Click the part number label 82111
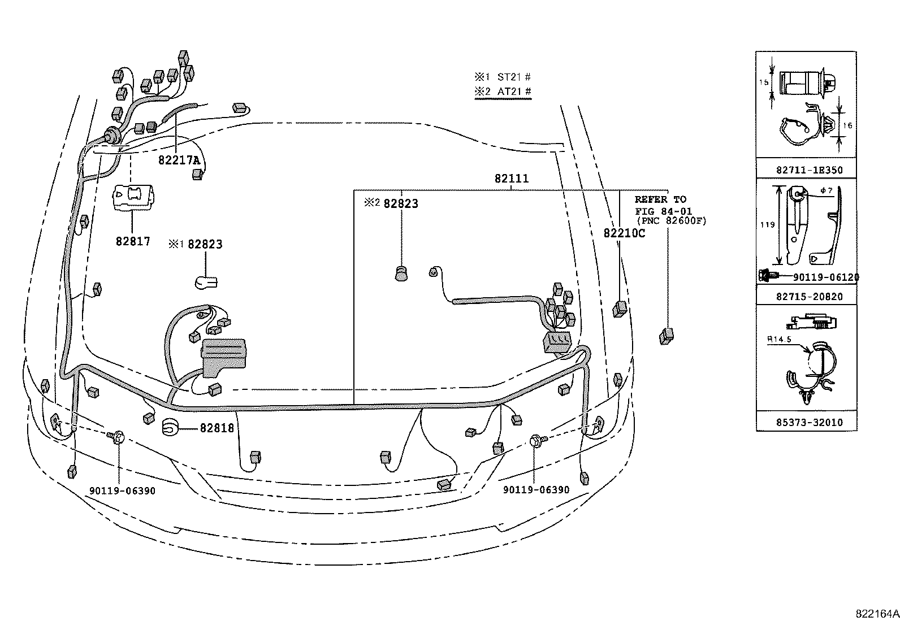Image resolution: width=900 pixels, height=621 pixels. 511,179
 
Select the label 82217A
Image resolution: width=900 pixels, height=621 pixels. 179,160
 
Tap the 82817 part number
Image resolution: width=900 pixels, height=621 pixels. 133,241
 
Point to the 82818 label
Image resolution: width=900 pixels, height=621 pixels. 217,428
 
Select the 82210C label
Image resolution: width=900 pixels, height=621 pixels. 624,233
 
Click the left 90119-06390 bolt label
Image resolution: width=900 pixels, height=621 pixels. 122,490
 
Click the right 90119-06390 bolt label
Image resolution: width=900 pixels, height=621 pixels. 536,490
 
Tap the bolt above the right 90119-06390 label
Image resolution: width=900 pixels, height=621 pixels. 536,440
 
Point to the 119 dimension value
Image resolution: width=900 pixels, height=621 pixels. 767,224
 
